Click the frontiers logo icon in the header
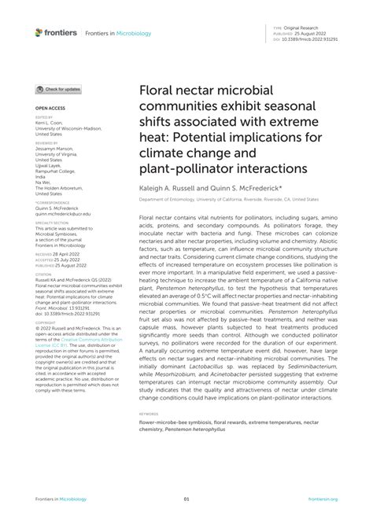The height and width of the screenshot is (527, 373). click(x=39, y=32)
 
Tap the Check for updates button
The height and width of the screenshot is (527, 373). click(x=58, y=90)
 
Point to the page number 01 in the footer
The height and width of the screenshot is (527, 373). click(x=186, y=499)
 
